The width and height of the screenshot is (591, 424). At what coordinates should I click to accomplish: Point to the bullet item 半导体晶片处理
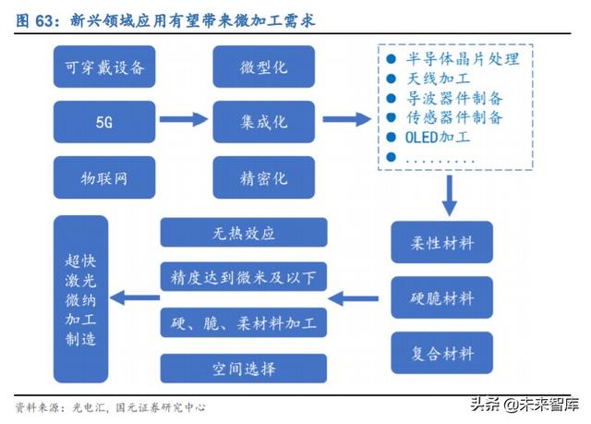coord(462,59)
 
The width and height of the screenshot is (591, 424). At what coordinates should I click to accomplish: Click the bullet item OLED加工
coord(438,138)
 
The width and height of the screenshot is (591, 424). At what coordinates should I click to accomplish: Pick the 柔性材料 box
coord(441,244)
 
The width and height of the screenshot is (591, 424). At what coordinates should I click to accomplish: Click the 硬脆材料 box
coord(441,298)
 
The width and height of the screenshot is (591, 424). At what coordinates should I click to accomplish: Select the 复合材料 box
coord(441,353)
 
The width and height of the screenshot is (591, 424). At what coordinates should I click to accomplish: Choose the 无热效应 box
coord(244,233)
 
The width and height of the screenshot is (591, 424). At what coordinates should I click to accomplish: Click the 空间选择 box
coord(244,369)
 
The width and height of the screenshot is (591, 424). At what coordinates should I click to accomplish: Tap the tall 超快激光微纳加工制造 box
coord(81,298)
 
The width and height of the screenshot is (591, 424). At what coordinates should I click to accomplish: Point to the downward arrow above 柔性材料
coord(449,194)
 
